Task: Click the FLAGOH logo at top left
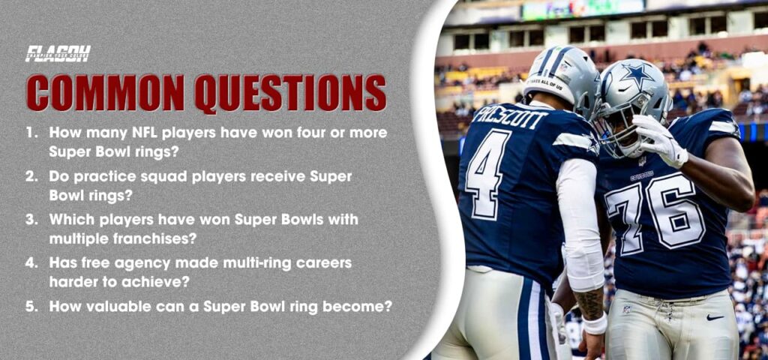58,54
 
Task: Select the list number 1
31,132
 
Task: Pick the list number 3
31,220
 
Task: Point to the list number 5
31,307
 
